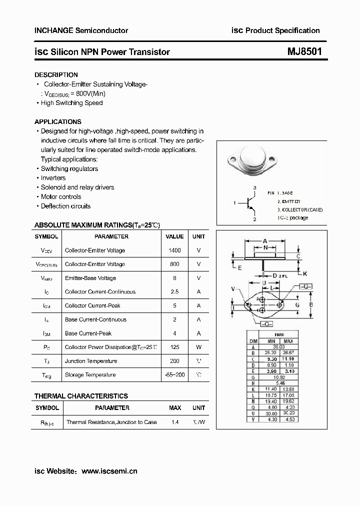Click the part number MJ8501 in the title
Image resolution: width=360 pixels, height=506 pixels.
304,51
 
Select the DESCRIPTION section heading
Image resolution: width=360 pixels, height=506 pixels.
56,74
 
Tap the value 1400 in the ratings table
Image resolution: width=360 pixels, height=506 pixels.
174,250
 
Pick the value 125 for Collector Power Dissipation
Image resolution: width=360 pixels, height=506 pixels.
174,347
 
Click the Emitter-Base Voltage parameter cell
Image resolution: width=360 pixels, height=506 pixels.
90,278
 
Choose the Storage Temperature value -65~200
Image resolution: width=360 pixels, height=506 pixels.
174,374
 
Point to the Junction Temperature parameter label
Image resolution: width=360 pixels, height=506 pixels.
91,361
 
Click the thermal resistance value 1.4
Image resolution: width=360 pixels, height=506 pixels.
175,422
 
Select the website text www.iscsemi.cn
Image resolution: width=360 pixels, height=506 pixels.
109,471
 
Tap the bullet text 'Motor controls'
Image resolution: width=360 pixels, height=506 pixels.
61,196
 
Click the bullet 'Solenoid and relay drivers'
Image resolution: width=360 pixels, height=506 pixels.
77,187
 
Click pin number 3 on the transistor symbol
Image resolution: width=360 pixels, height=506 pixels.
254,187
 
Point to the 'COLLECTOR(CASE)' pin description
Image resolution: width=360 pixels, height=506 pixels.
295,209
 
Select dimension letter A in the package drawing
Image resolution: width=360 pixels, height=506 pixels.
264,240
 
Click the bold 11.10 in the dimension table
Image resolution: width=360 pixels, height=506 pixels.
287,358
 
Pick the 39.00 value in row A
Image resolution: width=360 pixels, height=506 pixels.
278,346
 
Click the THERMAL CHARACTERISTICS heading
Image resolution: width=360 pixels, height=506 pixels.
81,396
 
